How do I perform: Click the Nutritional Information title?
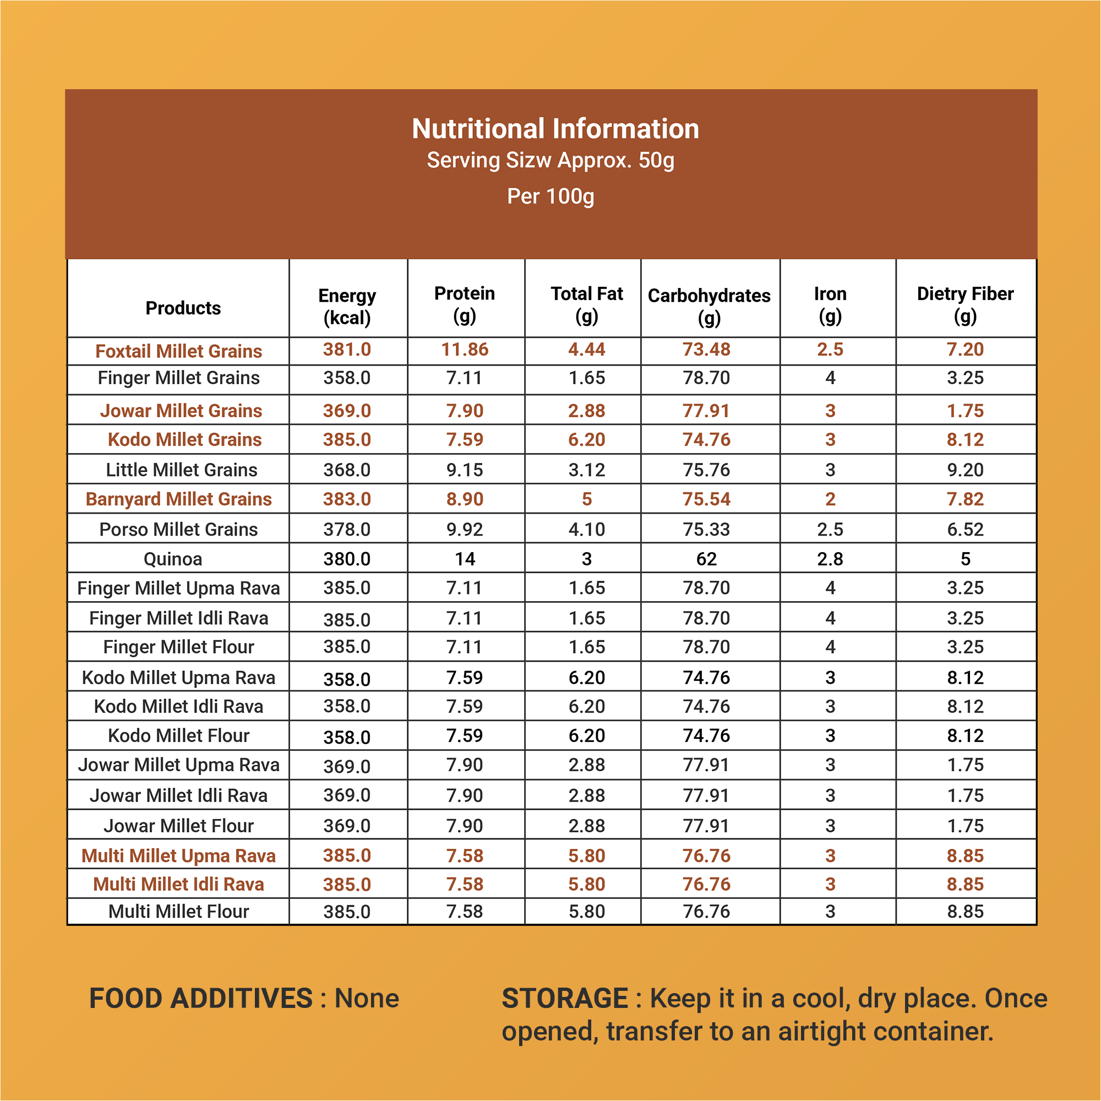coord(555,129)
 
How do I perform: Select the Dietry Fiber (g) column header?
coord(966,305)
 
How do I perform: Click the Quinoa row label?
coord(173,559)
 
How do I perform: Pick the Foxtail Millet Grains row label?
coord(178,351)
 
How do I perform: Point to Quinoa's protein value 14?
coord(465,559)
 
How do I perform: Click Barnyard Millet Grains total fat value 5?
coord(587,499)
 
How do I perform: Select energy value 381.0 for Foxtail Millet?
coord(347,350)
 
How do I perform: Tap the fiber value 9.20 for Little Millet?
coord(966,470)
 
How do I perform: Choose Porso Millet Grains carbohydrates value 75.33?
coord(707,530)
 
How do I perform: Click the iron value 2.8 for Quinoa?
coord(830,559)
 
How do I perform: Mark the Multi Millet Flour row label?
coord(178,911)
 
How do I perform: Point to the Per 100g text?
coord(550,197)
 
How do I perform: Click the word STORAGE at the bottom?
coord(565,999)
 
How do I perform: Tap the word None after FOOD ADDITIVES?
coord(367,999)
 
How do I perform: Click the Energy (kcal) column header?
coord(347,307)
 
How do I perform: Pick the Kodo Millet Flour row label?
coord(178,735)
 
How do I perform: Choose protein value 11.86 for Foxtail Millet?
coord(465,350)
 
